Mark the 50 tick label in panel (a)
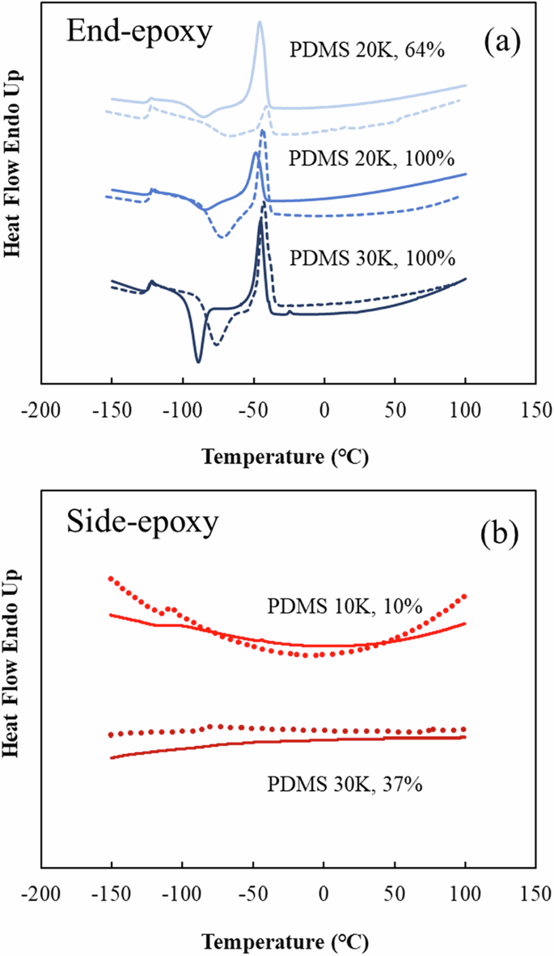(x=395, y=409)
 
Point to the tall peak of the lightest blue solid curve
(x=260, y=23)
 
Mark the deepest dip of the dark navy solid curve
(x=198, y=361)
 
